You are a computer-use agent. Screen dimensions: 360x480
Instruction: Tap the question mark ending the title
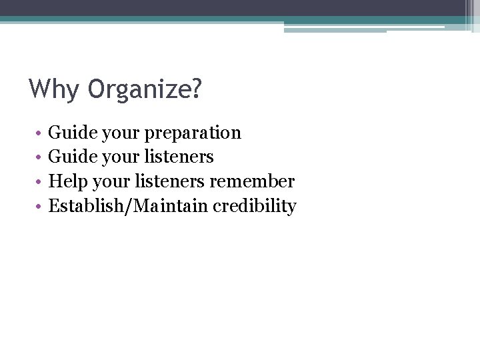[195, 89]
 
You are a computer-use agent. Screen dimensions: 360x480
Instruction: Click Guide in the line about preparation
[73, 133]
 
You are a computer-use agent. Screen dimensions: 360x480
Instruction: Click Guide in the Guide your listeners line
[73, 157]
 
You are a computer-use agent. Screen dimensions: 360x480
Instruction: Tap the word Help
[69, 182]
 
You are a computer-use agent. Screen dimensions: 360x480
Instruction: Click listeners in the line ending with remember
[171, 182]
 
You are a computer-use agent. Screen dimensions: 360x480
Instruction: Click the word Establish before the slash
[90, 207]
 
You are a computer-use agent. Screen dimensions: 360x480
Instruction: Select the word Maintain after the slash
[171, 207]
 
